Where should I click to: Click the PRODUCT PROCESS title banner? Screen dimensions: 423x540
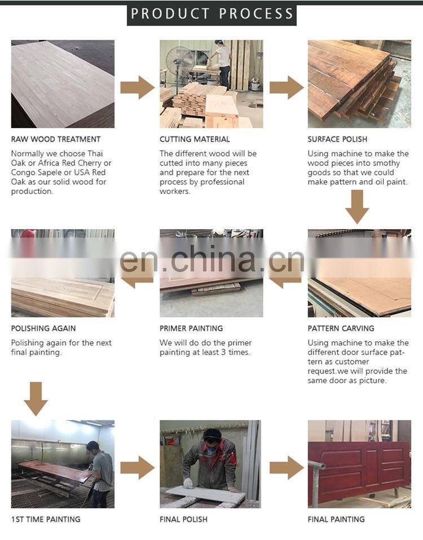(211, 14)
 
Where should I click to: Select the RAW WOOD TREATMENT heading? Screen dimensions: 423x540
(56, 139)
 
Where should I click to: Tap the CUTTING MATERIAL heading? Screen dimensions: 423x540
(195, 139)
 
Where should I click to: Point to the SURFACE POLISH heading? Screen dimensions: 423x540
(337, 139)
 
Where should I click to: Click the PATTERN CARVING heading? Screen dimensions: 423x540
(341, 328)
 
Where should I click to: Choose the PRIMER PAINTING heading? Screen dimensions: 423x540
(191, 328)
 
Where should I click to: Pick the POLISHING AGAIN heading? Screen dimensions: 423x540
(43, 328)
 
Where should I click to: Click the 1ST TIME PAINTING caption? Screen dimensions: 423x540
(46, 519)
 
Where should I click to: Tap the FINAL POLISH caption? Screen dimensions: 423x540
(183, 519)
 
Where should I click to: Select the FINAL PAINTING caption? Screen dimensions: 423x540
(336, 519)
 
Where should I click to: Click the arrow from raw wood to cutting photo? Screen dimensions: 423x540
(137, 87)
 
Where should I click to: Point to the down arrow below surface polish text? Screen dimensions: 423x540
(357, 207)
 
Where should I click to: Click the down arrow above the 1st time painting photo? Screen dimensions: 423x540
(36, 399)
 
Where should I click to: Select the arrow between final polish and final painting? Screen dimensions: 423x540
(287, 468)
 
